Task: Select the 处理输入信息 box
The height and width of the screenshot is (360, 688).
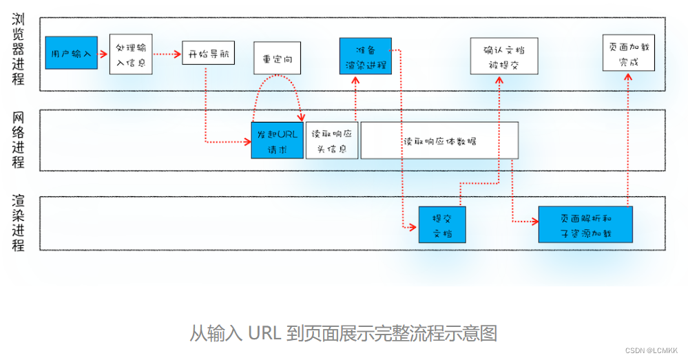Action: click(x=131, y=54)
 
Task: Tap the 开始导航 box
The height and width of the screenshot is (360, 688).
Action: click(x=208, y=54)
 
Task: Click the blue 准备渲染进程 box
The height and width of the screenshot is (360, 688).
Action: click(x=365, y=56)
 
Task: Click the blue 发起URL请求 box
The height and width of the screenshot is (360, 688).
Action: click(x=277, y=140)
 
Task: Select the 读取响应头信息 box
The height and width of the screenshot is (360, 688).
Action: click(x=332, y=140)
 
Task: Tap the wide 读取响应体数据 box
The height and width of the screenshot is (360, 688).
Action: click(x=439, y=140)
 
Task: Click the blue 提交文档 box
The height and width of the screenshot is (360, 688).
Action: click(x=442, y=224)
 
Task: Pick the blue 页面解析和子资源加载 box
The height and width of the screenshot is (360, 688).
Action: click(x=585, y=224)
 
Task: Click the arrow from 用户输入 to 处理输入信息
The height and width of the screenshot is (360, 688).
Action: click(x=103, y=53)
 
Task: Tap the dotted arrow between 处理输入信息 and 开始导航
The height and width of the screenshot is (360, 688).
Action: click(x=166, y=53)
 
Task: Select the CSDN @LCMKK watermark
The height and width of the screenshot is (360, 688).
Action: click(x=651, y=350)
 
